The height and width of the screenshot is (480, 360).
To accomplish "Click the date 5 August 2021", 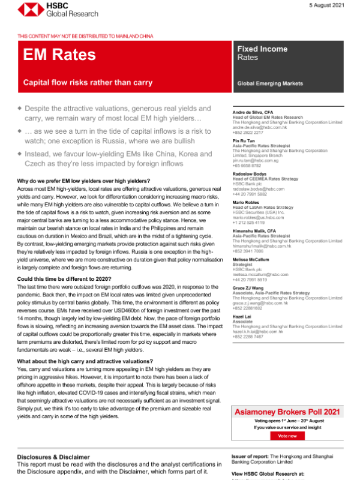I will tap(326, 5).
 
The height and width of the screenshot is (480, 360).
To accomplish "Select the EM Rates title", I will tap(59, 55).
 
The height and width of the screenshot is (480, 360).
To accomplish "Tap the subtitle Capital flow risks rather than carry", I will tap(88, 82).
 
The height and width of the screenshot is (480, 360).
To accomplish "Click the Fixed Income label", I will tap(262, 49).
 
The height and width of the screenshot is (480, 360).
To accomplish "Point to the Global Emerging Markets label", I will tap(270, 83).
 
